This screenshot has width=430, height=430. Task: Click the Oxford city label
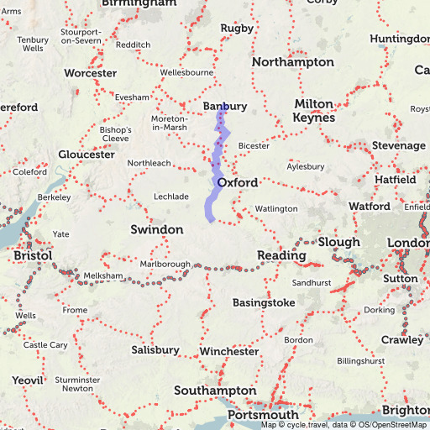[x=237, y=182]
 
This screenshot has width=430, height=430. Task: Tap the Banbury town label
[x=225, y=107]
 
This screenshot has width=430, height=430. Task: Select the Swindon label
[x=156, y=229]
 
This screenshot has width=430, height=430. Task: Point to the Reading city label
[x=281, y=255]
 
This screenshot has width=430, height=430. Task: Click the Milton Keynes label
[x=314, y=110]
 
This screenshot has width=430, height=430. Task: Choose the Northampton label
[x=291, y=62]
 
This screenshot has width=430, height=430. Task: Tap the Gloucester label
[x=87, y=155]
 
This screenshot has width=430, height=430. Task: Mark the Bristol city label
[x=33, y=255]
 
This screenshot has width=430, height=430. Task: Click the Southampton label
[x=215, y=391]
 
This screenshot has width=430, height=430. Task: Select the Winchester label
[x=229, y=351]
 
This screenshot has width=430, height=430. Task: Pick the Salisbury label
[x=155, y=349]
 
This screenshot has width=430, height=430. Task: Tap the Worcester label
[x=89, y=73]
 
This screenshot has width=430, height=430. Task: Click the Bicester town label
[x=254, y=145]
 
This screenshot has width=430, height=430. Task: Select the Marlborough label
[x=165, y=264]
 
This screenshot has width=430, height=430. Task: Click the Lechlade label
[x=170, y=196]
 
